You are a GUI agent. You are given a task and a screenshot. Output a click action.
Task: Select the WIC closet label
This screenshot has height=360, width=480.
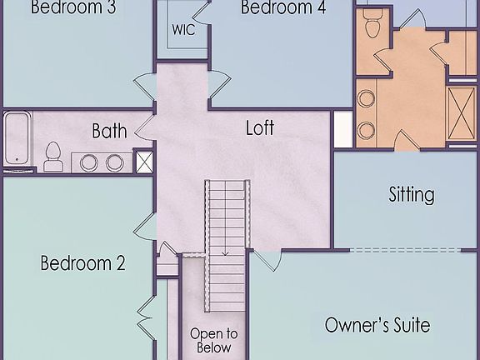pos(183,29)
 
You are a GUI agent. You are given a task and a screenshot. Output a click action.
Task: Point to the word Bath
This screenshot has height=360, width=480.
pos(109,131)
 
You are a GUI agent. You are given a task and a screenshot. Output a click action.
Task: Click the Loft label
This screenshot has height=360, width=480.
pos(259,129)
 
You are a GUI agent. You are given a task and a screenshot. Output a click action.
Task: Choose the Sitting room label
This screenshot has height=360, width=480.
pos(412,195)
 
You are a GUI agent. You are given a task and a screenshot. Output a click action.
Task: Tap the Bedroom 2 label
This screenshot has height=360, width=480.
pos(82,264)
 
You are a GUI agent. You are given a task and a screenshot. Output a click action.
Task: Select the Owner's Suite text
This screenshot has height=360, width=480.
pos(377,324)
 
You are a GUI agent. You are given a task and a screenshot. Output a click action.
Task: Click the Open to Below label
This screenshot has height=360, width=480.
pos(213,341)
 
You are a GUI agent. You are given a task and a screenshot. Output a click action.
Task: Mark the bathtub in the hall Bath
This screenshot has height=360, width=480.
pos(17,140)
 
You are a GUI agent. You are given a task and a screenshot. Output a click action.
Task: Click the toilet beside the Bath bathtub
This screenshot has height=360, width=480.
pos(53,156)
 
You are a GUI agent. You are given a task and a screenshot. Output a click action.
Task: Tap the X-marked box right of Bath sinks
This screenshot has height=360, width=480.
pos(143,161)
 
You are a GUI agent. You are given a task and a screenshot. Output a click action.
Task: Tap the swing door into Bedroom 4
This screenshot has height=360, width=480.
pos(219,81)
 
